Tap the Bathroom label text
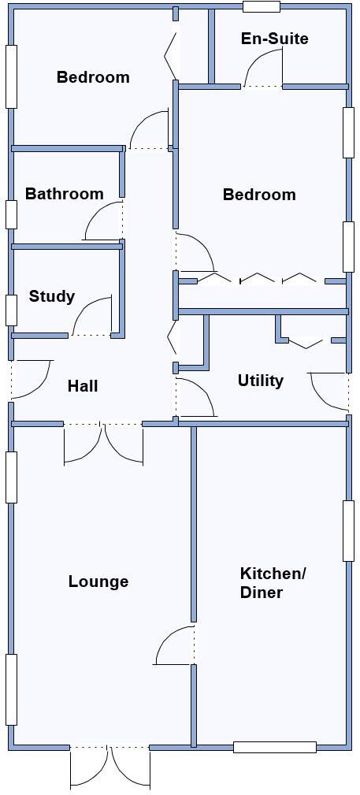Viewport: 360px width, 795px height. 64,194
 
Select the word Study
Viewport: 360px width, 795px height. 52,296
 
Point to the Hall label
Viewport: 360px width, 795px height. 83,386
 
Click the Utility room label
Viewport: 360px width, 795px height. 260,381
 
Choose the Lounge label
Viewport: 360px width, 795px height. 98,581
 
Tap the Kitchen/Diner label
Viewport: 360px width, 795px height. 272,583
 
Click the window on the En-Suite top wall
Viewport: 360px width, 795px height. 261,7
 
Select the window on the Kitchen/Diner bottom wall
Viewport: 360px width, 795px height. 274,747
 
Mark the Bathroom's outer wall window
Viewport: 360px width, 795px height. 11,214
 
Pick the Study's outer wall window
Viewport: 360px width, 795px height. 11,310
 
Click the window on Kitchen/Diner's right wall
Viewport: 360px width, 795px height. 348,531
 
